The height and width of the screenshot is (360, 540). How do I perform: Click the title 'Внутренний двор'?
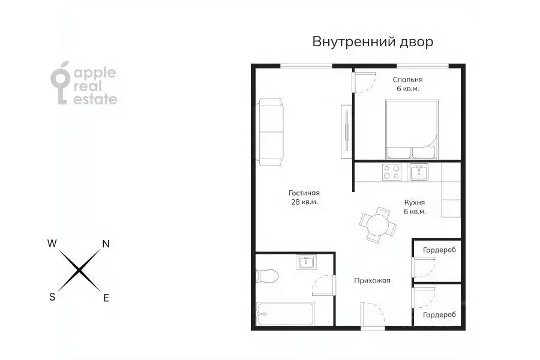(372, 42)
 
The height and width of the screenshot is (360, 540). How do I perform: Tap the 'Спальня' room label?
(408, 79)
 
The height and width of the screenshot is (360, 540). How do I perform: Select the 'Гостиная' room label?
(304, 193)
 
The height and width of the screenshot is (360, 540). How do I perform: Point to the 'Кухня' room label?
(415, 203)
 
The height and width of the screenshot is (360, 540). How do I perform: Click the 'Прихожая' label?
(372, 280)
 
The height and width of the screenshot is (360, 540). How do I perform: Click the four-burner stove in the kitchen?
(392, 172)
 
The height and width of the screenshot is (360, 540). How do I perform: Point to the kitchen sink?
(419, 172)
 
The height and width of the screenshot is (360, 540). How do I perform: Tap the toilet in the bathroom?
(266, 277)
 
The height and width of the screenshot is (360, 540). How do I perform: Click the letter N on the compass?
(106, 244)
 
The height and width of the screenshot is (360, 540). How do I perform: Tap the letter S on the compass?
(52, 297)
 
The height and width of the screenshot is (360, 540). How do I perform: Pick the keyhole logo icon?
(61, 84)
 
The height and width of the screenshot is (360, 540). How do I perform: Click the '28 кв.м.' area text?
(304, 202)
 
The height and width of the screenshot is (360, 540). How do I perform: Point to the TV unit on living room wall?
(345, 132)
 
